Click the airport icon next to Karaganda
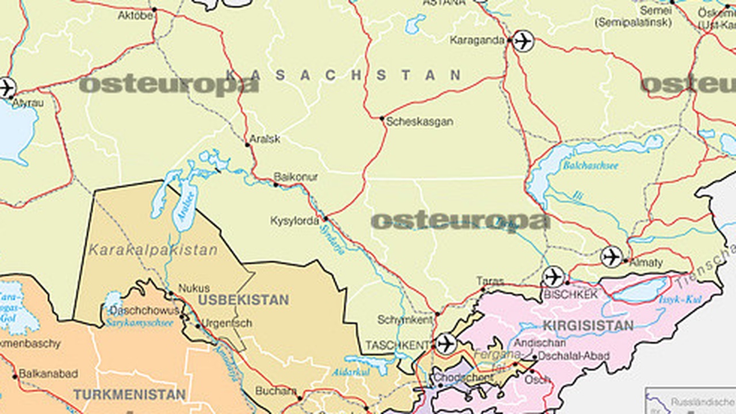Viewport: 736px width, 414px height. (523, 41)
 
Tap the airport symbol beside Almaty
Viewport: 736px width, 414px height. (611, 256)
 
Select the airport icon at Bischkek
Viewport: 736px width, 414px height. (553, 277)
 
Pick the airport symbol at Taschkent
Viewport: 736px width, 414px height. (445, 344)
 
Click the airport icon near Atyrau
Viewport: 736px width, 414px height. (6, 88)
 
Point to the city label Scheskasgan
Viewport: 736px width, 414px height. (419, 122)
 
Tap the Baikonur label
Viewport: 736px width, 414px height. (296, 177)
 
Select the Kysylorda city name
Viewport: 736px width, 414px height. (294, 221)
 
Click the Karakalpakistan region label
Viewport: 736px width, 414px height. (153, 250)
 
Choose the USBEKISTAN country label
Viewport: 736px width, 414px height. (243, 300)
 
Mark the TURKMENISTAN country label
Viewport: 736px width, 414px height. (129, 395)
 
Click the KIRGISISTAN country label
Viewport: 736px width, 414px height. (588, 325)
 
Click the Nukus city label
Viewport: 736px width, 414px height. (194, 288)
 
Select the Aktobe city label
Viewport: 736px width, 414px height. (135, 16)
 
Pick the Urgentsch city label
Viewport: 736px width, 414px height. (228, 323)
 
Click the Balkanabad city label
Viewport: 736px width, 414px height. (48, 374)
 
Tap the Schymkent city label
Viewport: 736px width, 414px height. (405, 320)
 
